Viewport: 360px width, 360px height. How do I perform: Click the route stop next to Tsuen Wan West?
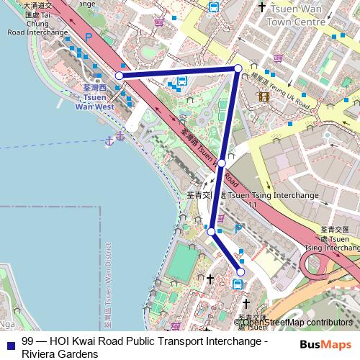tap(119, 75)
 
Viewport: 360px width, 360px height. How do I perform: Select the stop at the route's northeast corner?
tap(238, 68)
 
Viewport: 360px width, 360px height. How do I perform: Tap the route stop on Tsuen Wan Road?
tap(222, 163)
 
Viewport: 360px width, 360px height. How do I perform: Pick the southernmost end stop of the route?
tap(240, 271)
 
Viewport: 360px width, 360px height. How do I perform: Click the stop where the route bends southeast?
tap(211, 231)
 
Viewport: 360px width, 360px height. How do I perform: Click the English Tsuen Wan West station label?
tap(94, 101)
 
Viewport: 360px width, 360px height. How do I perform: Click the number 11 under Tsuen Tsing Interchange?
tap(252, 205)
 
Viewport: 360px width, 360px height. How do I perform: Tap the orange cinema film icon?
tap(264, 96)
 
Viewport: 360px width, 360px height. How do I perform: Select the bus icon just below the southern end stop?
tap(238, 284)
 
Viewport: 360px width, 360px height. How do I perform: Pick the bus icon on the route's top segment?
tap(182, 82)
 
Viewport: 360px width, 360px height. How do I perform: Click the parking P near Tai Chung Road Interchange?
tap(89, 37)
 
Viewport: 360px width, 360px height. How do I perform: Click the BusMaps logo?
tap(324, 344)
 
